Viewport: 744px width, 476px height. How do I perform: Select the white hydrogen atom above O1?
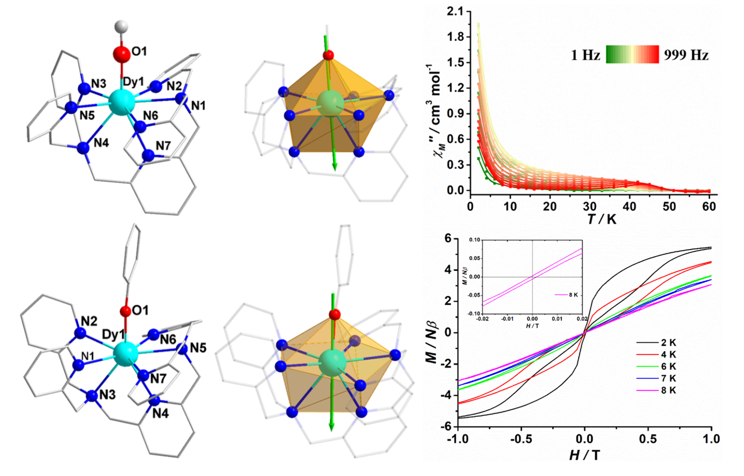[120, 26]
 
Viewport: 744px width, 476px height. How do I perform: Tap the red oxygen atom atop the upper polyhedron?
[329, 55]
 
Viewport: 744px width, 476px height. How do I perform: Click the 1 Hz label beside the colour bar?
[585, 56]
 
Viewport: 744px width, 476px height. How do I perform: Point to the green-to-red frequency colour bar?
[632, 56]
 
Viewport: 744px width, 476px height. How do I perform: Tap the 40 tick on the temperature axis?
[630, 207]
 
